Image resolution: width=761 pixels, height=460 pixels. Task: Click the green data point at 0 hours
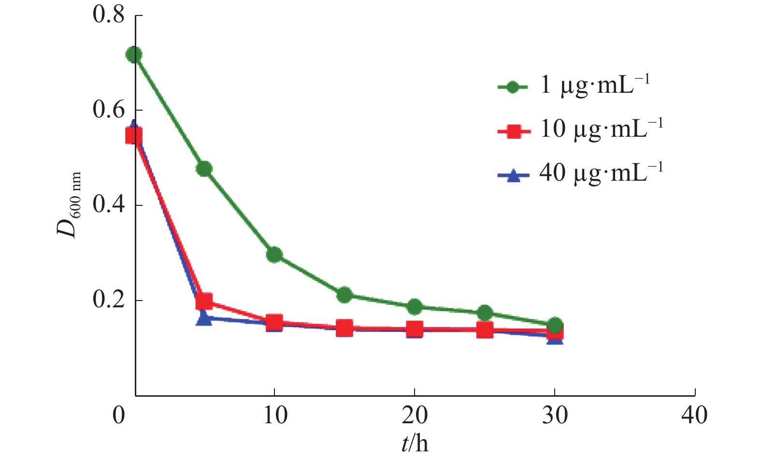134,55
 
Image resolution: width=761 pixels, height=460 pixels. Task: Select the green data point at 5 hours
204,169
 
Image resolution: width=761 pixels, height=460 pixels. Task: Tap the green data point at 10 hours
274,255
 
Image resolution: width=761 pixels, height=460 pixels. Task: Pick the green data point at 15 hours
344,295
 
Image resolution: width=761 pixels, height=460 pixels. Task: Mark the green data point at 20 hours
414,306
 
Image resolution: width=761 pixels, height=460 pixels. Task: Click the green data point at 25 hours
485,313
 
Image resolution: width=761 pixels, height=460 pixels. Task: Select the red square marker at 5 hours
204,302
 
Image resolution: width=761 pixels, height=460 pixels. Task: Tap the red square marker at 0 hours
134,136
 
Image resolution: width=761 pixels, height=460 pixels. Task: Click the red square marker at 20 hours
414,330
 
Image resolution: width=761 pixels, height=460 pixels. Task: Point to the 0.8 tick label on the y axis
109,15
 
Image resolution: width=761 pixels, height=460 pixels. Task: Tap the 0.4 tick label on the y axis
109,205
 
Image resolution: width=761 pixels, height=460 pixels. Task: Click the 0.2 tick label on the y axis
109,300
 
